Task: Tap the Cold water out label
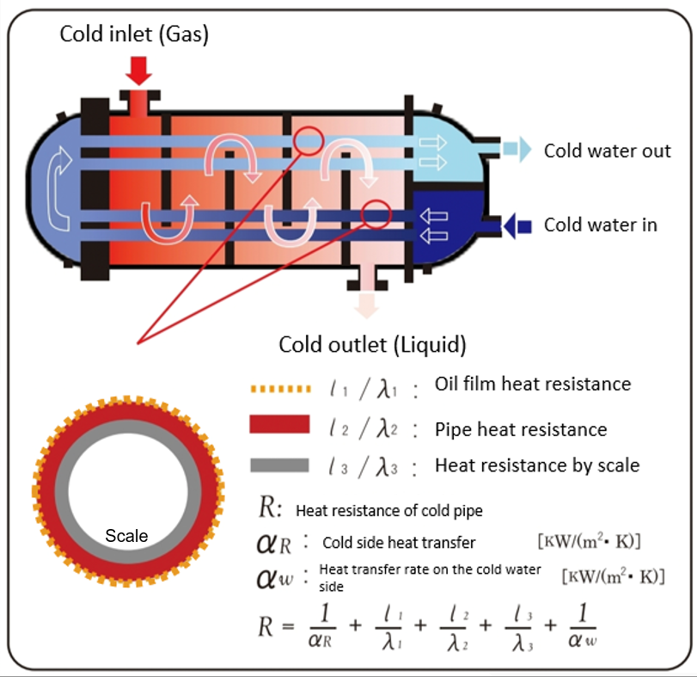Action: pos(607,151)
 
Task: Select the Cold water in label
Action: pos(600,225)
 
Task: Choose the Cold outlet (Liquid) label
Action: pos(372,345)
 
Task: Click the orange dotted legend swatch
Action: pos(278,389)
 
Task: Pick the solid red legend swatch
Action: pos(278,424)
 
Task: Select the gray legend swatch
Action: pos(278,465)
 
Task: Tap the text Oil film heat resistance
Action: pos(532,384)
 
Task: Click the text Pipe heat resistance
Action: pos(521,429)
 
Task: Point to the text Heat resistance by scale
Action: pos(537,465)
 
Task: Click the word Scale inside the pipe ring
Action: pos(126,536)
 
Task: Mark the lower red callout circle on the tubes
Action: pos(376,212)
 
